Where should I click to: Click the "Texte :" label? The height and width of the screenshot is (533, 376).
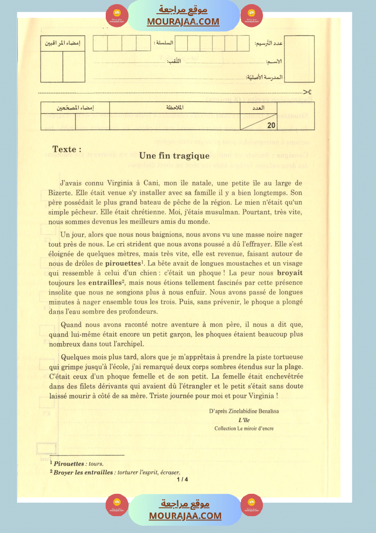(x=67, y=149)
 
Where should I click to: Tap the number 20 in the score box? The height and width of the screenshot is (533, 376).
(x=271, y=124)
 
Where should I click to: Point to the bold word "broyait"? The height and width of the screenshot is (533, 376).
(x=290, y=273)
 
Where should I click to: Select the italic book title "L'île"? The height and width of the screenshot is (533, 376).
(x=244, y=420)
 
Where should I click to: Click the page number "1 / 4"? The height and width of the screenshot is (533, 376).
(x=182, y=479)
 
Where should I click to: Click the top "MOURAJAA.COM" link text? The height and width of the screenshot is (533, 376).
(x=183, y=21)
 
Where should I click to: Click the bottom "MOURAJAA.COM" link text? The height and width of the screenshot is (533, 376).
(x=185, y=516)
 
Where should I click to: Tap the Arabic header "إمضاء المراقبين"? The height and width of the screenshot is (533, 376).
(x=62, y=44)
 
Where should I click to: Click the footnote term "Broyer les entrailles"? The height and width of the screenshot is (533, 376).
(x=83, y=472)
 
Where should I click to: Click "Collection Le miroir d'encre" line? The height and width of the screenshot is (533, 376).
(x=244, y=428)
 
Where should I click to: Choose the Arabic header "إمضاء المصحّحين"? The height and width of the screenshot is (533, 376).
(x=75, y=108)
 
